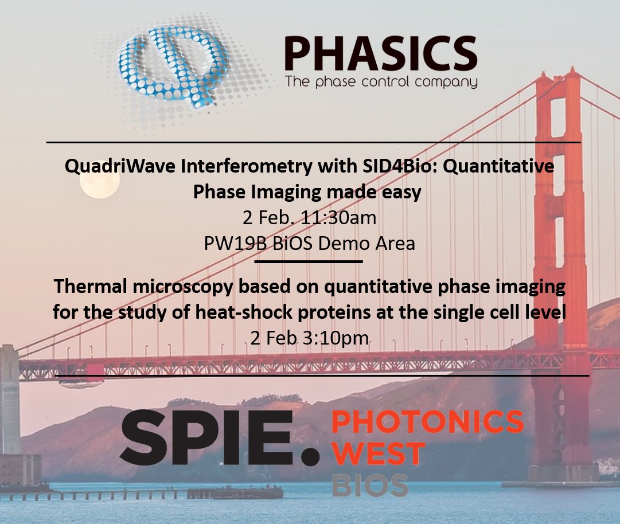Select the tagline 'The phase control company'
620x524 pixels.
pyautogui.click(x=381, y=82)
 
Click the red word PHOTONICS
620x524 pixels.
pyautogui.click(x=427, y=423)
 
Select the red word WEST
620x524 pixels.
pyautogui.click(x=377, y=453)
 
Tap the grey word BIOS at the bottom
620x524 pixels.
pyautogui.click(x=370, y=485)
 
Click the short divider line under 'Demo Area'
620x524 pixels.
pyautogui.click(x=308, y=261)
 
